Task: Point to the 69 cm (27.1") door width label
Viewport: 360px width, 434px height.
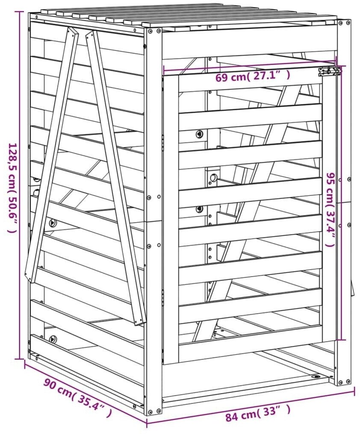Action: (x=253, y=76)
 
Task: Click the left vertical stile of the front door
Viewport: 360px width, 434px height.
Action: (x=171, y=219)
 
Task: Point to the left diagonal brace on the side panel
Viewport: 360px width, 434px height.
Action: (x=51, y=155)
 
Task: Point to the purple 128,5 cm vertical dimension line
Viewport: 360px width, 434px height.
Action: (x=20, y=185)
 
